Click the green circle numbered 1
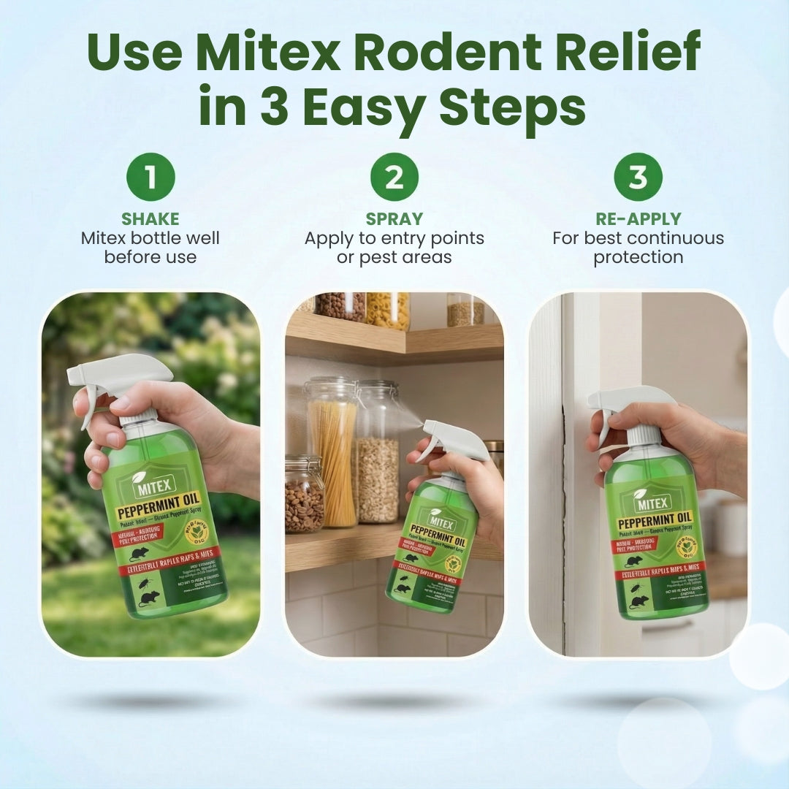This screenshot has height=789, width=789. click(150, 177)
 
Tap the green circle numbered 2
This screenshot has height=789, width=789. click(394, 177)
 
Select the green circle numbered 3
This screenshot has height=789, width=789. click(638, 177)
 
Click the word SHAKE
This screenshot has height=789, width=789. click(150, 219)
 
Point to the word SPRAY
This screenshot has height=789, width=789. click(394, 219)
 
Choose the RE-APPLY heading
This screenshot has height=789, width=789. click(638, 219)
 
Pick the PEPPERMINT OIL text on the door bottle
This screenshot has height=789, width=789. click(656, 523)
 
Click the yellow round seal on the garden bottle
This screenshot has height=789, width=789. click(197, 533)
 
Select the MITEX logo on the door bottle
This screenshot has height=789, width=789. click(652, 503)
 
